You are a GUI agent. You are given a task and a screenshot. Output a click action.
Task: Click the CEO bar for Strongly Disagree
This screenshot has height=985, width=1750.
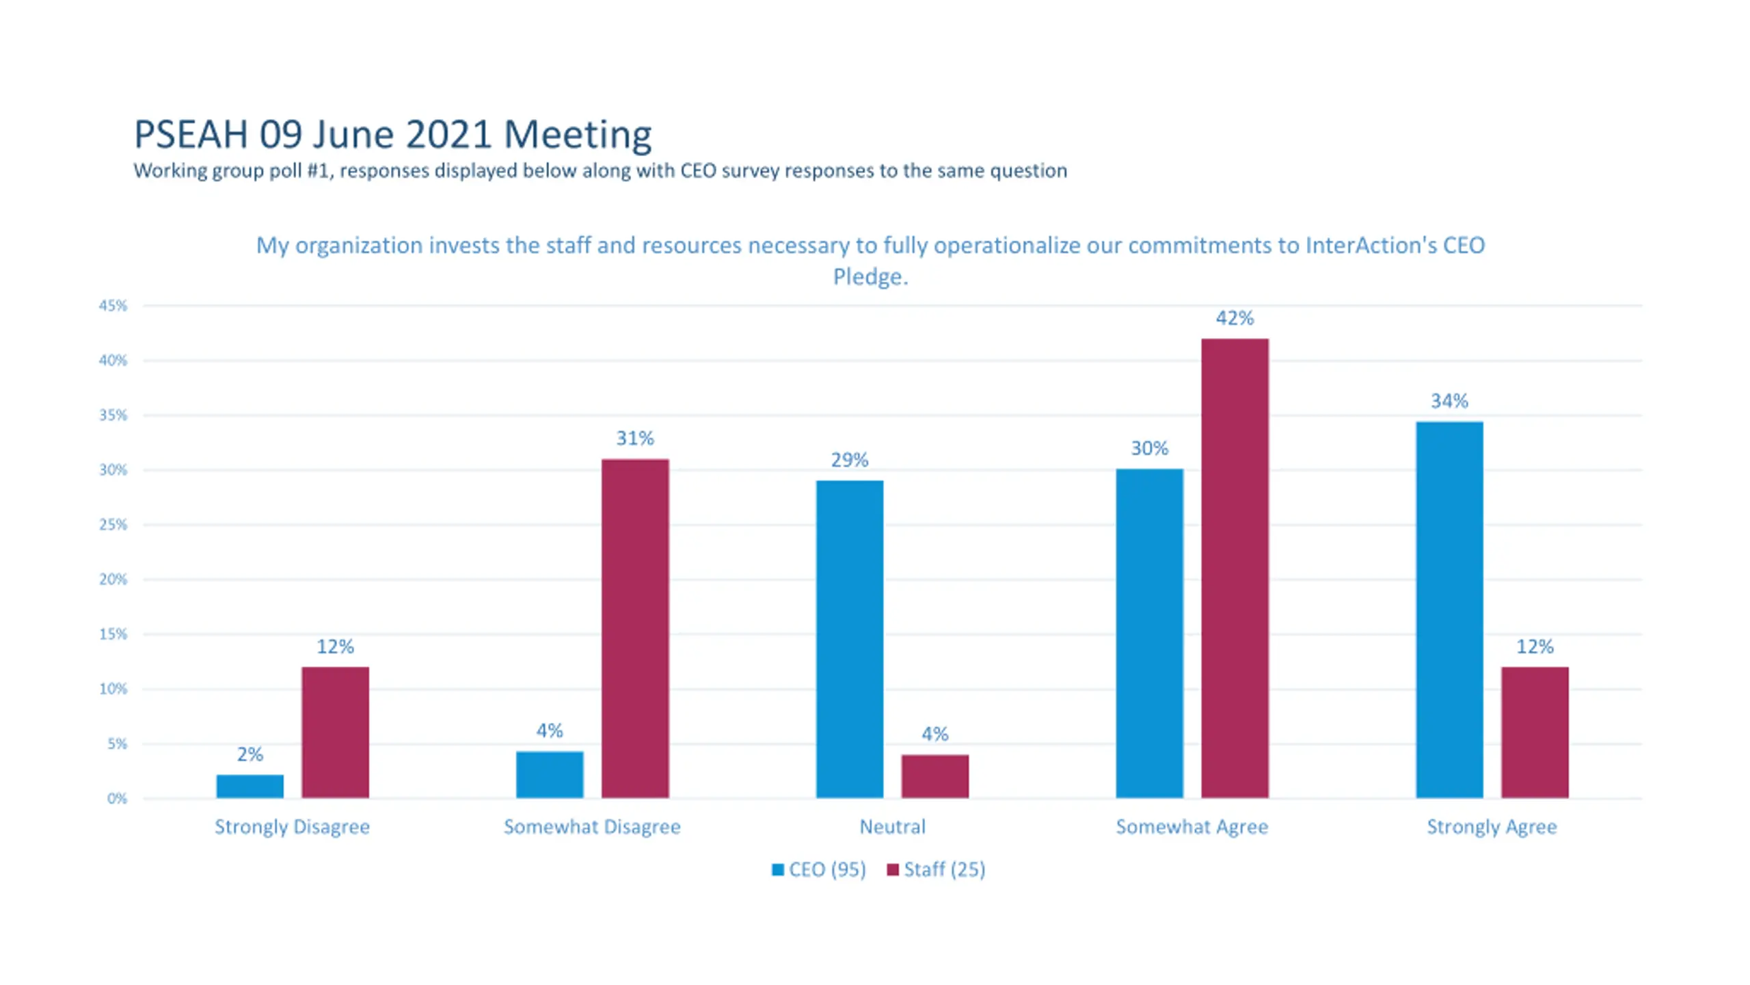pos(250,786)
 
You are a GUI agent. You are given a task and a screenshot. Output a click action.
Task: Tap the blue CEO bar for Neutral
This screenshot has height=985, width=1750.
pos(849,639)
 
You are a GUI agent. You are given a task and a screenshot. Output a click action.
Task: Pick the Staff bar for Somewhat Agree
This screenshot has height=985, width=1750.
pos(1235,568)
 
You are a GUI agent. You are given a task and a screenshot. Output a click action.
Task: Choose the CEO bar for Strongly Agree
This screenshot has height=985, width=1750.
pos(1449,609)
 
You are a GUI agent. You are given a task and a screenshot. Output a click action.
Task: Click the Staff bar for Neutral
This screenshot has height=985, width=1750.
pos(934,776)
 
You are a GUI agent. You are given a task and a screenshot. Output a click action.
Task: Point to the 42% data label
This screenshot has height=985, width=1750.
pos(1235,318)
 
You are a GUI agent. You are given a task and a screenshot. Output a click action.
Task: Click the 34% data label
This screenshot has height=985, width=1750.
pos(1449,401)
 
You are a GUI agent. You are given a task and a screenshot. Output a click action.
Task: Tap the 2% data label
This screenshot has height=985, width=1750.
pos(250,754)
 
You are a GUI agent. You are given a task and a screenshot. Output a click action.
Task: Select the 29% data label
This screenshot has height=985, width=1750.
pos(849,460)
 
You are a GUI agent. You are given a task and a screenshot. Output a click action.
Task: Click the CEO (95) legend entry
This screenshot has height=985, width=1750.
pos(819,869)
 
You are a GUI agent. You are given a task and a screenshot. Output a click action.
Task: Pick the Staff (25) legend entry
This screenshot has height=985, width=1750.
pos(936,869)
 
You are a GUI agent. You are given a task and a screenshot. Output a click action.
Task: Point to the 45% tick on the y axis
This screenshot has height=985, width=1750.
pos(113,306)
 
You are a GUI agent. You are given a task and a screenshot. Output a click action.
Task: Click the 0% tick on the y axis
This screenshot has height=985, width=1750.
pos(117,798)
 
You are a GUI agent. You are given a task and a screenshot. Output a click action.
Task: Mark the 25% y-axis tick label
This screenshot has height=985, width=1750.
pos(113,525)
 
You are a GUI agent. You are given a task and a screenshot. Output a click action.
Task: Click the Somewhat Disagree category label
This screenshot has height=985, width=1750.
pos(592,827)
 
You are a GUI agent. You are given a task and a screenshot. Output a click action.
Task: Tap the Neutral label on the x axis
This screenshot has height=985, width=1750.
pos(892,827)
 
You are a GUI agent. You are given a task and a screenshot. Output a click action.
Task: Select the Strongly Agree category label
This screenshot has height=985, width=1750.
pos(1492,827)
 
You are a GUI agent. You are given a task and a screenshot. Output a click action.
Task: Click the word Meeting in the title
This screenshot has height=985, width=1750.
pos(578,134)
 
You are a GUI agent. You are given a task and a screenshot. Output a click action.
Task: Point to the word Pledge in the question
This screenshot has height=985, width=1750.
pos(870,277)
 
